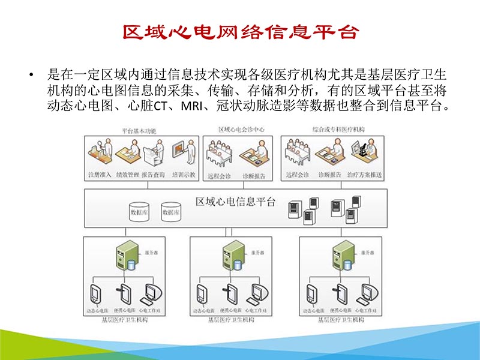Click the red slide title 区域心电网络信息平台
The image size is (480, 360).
[241, 32]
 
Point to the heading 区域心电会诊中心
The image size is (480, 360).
[241, 130]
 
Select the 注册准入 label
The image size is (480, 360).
[100, 175]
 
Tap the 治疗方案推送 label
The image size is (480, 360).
[364, 175]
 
